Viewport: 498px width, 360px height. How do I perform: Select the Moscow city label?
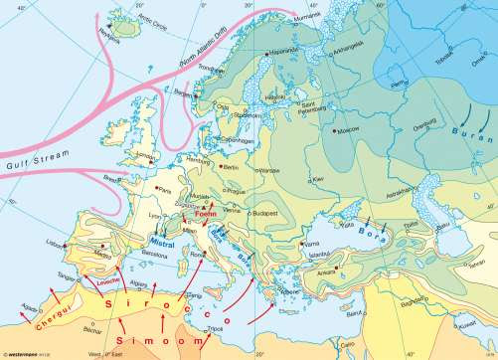[348, 129]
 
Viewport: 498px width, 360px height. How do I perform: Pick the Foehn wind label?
[205, 213]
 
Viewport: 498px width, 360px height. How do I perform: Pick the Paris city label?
[166, 187]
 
